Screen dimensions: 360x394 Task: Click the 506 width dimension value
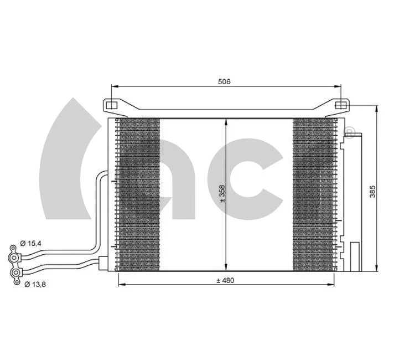coord(224,81)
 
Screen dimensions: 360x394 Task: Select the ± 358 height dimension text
coord(222,194)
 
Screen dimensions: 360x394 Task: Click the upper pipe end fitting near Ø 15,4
coord(13,256)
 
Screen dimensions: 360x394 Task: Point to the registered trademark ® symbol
coord(350,132)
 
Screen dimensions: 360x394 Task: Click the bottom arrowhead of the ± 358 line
coord(226,267)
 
